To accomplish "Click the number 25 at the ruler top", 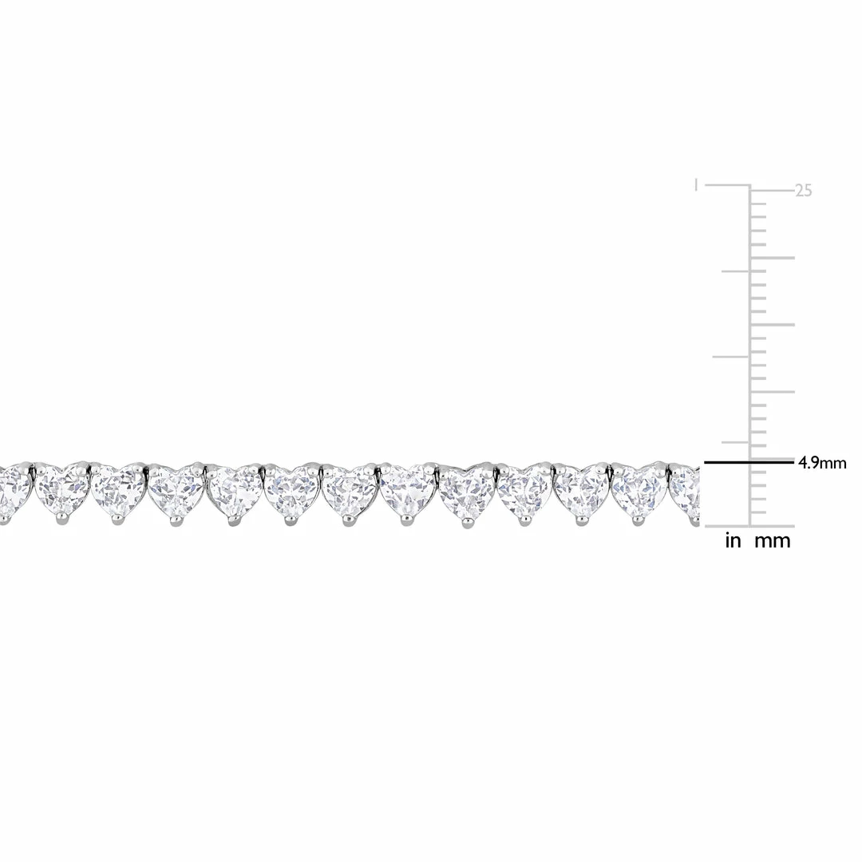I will pos(803,192).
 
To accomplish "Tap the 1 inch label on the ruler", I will pos(674,185).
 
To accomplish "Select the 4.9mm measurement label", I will pos(822,462).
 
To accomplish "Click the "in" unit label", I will pos(733,541).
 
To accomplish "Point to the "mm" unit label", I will pos(772,541).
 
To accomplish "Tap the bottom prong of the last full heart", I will pos(638,522).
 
